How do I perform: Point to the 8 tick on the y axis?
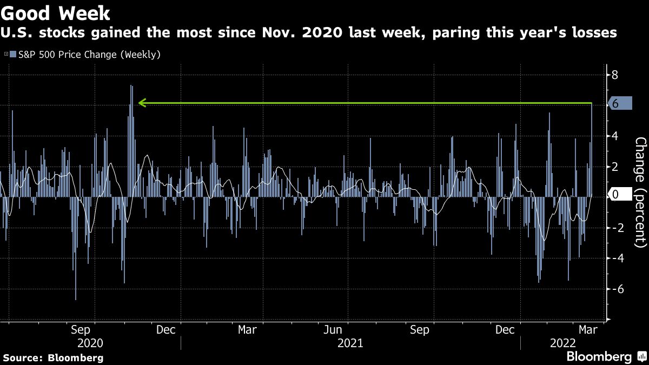pos(614,75)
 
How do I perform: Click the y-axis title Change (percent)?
pos(640,192)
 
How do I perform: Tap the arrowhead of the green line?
pos(142,102)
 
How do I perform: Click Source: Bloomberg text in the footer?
pos(53,358)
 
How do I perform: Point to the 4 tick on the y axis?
pos(614,136)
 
